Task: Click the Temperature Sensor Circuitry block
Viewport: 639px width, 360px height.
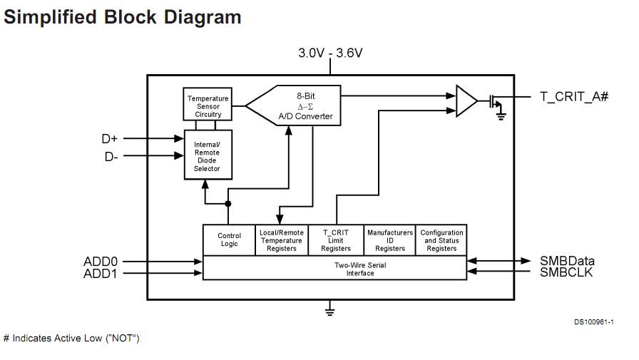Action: point(208,106)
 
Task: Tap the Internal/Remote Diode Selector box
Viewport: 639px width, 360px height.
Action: point(208,157)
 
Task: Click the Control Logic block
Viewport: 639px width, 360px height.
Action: point(229,240)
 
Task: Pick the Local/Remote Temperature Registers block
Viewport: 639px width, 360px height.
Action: point(281,240)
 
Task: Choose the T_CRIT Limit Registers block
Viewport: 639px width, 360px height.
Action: point(335,240)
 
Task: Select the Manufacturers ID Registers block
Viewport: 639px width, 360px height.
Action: point(389,240)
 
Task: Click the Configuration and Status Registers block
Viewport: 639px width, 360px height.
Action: point(441,240)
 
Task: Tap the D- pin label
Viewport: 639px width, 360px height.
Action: point(111,157)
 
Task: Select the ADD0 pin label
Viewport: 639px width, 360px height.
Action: point(101,262)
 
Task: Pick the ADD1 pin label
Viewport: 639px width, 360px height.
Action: point(101,274)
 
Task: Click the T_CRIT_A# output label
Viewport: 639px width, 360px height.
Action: point(573,97)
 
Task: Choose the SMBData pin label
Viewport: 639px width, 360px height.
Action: point(567,261)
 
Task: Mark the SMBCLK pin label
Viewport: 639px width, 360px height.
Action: point(566,272)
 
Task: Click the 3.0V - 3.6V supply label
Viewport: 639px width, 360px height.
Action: point(330,53)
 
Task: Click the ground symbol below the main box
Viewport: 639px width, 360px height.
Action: point(330,310)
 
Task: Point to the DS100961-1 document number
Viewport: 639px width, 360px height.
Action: point(593,322)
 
